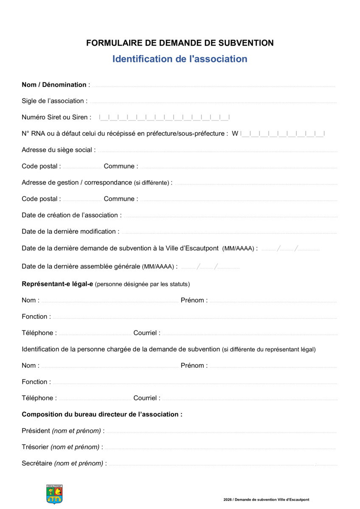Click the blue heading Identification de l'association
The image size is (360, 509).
(x=180, y=59)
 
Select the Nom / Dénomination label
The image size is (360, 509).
(x=54, y=85)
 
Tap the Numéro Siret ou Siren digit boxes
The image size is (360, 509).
(x=164, y=117)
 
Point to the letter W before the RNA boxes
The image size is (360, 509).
(x=235, y=134)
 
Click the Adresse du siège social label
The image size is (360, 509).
(x=58, y=150)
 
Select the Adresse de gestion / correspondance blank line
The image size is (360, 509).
(x=256, y=184)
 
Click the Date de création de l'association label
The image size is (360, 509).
(x=71, y=215)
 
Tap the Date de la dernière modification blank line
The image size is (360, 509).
(x=229, y=233)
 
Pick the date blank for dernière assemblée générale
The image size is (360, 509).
(x=210, y=267)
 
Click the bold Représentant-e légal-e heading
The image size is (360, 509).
(x=57, y=284)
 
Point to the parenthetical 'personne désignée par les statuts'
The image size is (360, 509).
(x=143, y=284)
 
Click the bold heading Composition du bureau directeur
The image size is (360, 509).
(x=102, y=414)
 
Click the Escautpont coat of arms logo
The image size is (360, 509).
(x=54, y=494)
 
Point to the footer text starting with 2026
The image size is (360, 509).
(x=266, y=500)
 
